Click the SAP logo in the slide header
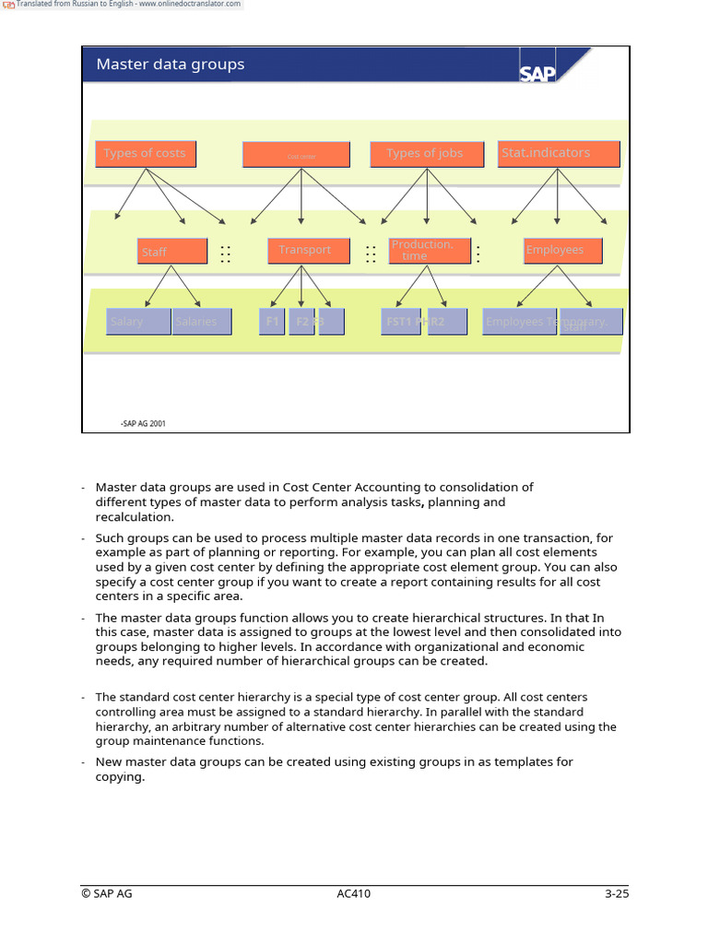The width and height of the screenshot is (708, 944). [x=537, y=72]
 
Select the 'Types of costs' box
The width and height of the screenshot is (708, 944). [x=145, y=154]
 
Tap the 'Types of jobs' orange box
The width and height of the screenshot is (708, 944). [x=424, y=154]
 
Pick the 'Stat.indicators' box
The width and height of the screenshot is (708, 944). [x=559, y=154]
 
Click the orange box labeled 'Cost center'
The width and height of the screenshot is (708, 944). [x=296, y=155]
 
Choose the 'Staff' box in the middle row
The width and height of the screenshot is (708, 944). [x=171, y=251]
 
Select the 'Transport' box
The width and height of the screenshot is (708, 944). [x=304, y=251]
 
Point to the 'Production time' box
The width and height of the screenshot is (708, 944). [x=429, y=251]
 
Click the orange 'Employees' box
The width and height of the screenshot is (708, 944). [x=562, y=251]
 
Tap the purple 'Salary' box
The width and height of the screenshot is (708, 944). [x=137, y=322]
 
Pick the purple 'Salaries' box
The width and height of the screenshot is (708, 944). [x=201, y=322]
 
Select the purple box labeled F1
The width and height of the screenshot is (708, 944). [x=272, y=322]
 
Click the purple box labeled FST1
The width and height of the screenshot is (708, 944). [x=400, y=322]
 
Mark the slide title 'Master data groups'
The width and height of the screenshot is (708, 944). [x=171, y=65]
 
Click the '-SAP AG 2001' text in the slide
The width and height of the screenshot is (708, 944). [x=143, y=424]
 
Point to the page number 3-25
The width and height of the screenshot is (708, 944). [x=616, y=893]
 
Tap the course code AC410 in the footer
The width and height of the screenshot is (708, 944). [x=354, y=893]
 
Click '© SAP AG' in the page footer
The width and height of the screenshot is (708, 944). [x=106, y=893]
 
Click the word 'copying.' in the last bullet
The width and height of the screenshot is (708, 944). [x=120, y=777]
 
